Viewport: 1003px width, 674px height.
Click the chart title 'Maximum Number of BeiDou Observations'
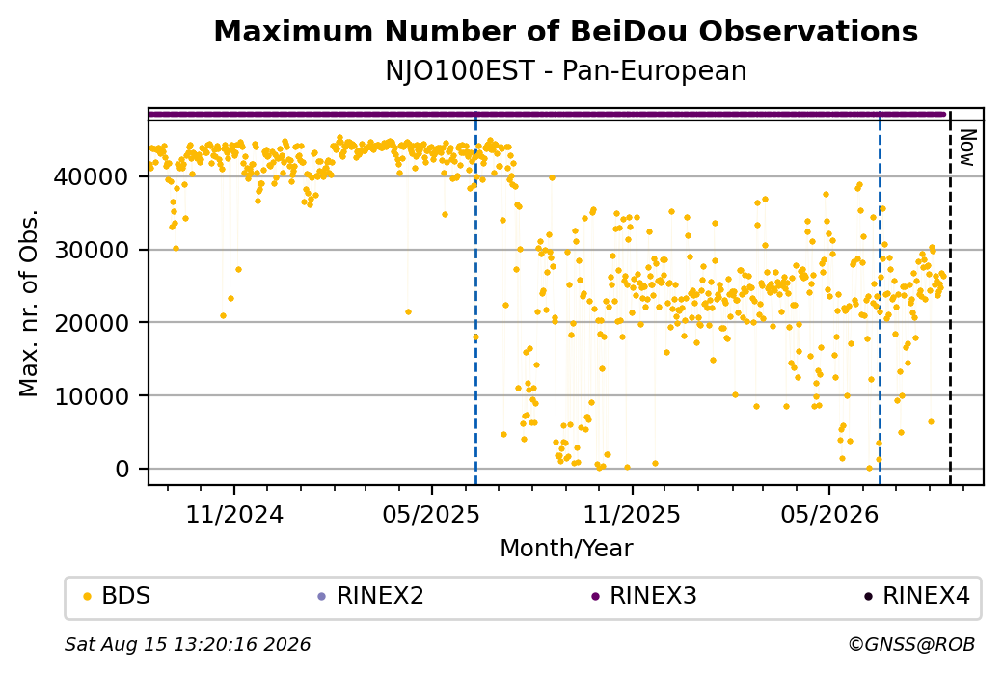click(565, 31)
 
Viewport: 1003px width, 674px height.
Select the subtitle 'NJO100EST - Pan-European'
click(565, 71)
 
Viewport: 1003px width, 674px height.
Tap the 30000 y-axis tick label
click(92, 250)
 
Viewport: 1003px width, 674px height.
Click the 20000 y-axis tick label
click(92, 323)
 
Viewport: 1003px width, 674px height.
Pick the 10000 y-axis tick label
click(92, 396)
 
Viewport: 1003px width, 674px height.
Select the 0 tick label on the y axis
click(122, 469)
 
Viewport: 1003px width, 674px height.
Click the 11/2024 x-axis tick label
click(234, 514)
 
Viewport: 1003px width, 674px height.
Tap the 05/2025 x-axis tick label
click(431, 514)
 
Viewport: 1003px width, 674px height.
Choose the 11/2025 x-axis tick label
click(632, 514)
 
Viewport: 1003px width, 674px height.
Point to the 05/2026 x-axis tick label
click(829, 514)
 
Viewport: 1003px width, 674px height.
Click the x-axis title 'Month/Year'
click(566, 549)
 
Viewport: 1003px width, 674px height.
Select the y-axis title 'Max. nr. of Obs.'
click(29, 302)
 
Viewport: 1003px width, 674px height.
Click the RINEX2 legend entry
click(370, 596)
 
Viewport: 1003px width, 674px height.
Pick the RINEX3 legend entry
click(643, 596)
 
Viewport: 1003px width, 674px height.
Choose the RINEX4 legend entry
click(916, 596)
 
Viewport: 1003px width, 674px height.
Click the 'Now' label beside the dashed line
click(968, 148)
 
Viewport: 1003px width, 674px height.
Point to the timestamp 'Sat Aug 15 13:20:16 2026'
click(188, 644)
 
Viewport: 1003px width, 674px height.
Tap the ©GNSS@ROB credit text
click(912, 644)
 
